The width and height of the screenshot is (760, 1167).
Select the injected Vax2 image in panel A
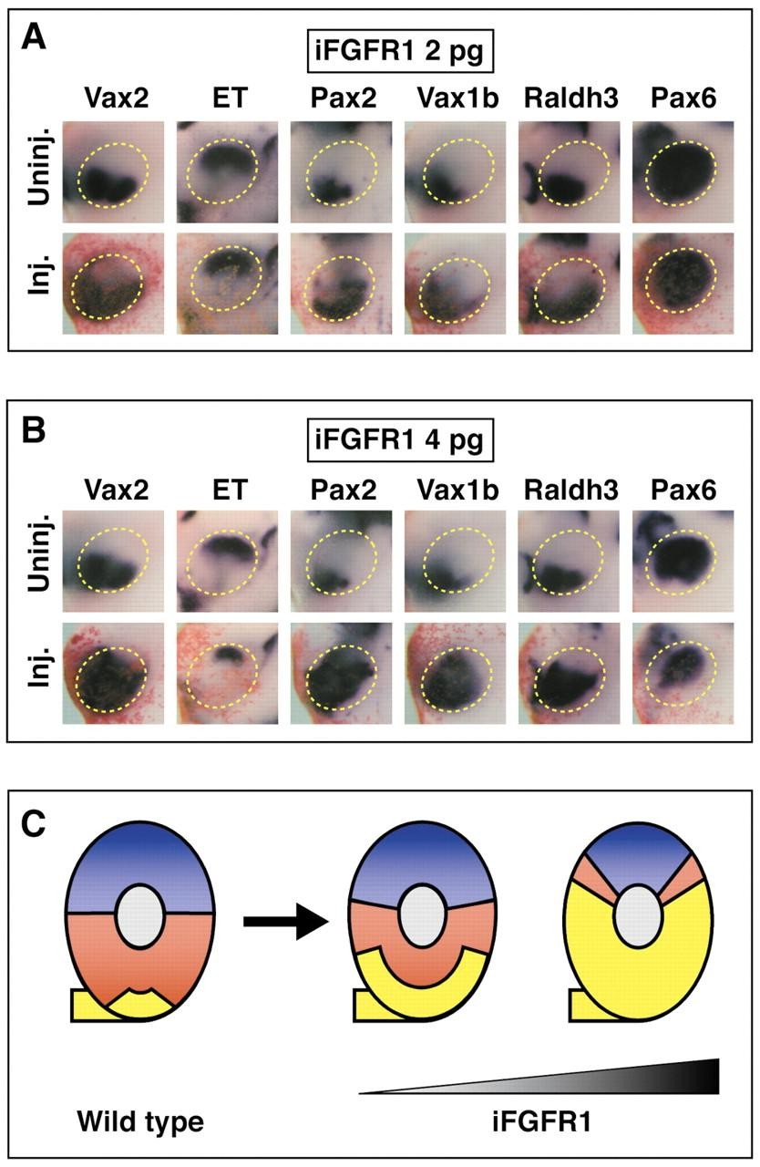click(112, 284)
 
